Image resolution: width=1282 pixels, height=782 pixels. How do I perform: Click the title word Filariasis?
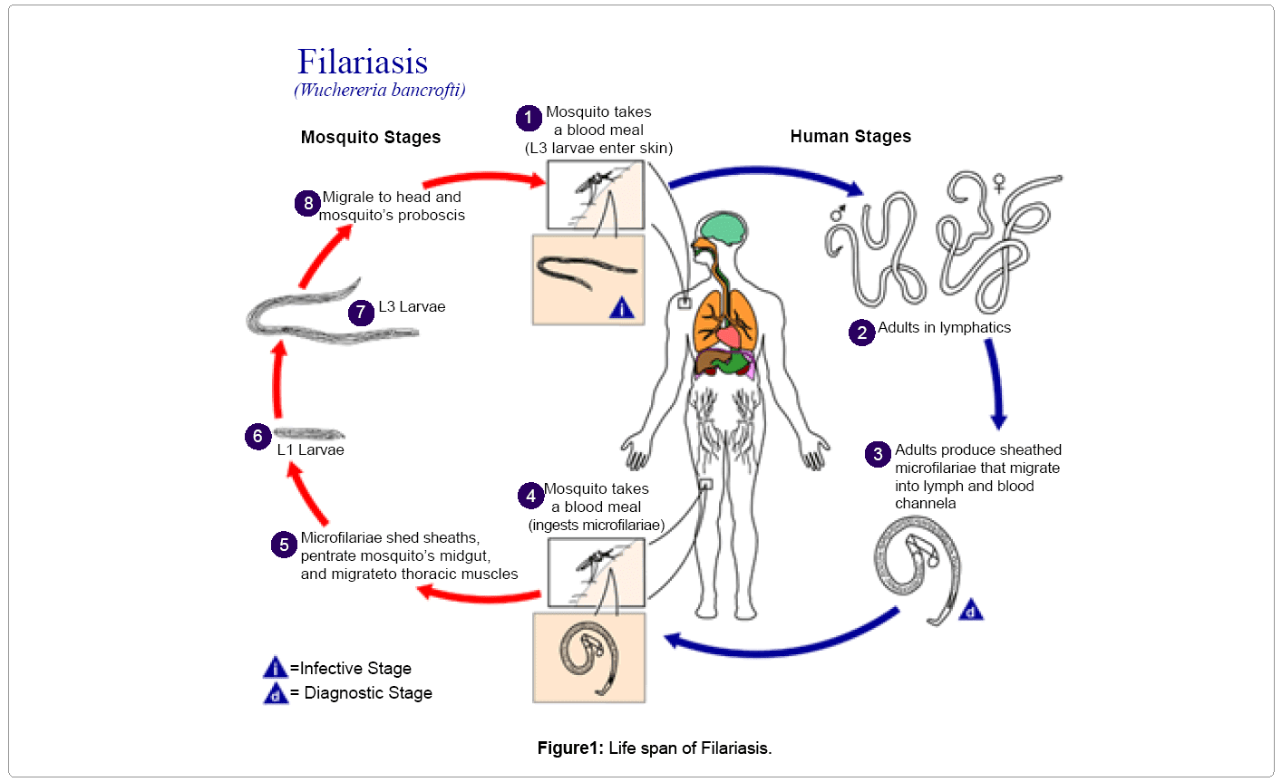[363, 62]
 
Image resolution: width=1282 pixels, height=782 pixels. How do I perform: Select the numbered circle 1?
[529, 118]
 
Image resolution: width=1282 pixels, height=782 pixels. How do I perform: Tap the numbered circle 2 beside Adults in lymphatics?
[861, 333]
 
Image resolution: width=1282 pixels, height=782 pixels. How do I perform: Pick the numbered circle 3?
[878, 454]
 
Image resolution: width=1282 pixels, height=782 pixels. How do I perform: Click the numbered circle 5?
[284, 545]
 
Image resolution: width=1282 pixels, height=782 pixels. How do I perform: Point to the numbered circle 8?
[308, 203]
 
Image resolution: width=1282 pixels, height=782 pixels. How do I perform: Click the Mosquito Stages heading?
[370, 137]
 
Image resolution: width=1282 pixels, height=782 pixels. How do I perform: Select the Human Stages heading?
[850, 136]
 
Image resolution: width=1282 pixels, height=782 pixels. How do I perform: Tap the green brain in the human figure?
[718, 228]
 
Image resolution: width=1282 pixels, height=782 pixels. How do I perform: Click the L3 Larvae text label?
[412, 307]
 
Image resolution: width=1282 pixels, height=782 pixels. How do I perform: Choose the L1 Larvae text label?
[310, 450]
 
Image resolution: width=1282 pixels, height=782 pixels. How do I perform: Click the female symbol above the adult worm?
[999, 184]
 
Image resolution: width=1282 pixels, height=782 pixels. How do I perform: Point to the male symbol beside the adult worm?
[838, 215]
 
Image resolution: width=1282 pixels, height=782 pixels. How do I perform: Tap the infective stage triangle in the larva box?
[622, 309]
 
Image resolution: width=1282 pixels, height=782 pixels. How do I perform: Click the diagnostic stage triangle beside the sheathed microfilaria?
[971, 611]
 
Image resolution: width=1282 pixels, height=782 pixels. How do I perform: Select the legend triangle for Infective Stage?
[276, 669]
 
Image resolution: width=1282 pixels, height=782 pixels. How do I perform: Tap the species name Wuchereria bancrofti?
[380, 90]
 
